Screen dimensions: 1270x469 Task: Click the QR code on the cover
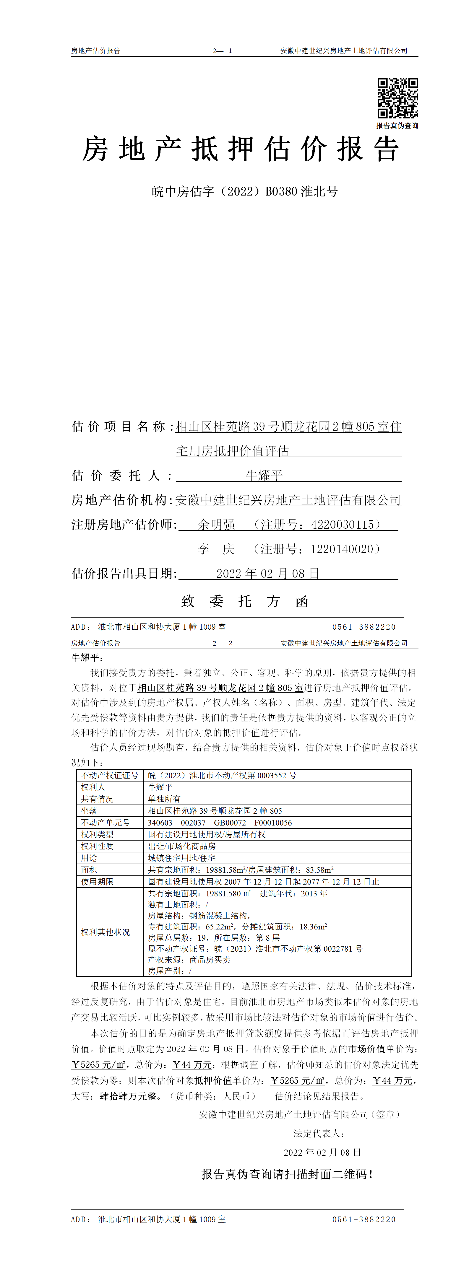click(x=397, y=98)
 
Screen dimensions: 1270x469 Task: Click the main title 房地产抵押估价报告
click(x=240, y=149)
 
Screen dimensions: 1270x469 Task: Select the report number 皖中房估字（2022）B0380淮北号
click(x=245, y=191)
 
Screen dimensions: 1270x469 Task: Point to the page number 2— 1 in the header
click(x=223, y=51)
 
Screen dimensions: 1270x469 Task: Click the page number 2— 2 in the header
click(x=223, y=643)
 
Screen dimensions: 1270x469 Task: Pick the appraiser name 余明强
click(x=217, y=525)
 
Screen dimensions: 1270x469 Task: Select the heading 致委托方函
click(x=245, y=601)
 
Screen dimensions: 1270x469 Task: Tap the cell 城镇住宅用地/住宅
click(x=182, y=858)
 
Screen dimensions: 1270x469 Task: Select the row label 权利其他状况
click(x=106, y=932)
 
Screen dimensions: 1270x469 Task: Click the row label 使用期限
click(x=97, y=882)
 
